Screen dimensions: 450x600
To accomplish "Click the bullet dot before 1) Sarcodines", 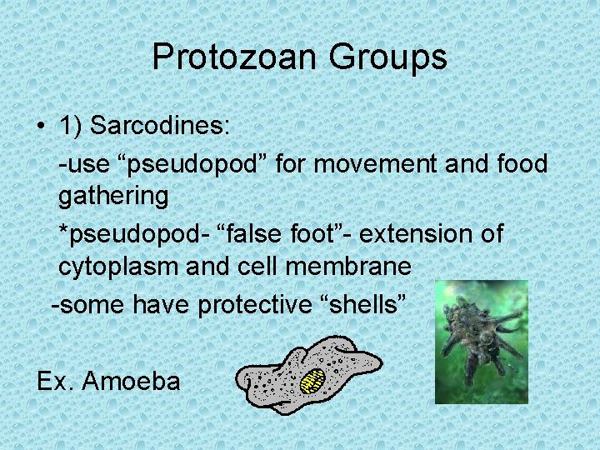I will tap(41, 127).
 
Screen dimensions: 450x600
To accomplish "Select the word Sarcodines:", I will tap(163, 126).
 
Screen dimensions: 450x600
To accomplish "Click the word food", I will tap(519, 163).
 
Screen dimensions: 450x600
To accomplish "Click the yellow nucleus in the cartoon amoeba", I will tap(313, 381).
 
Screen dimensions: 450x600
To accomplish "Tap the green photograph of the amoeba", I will tap(482, 342).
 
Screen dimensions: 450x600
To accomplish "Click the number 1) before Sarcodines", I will tap(71, 126).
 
